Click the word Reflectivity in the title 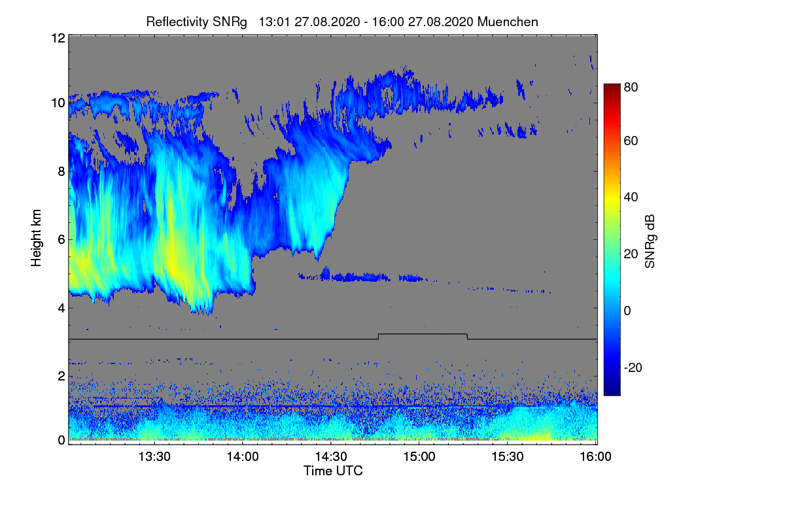[x=179, y=22]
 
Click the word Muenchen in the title [x=508, y=22]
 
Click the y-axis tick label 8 [x=60, y=171]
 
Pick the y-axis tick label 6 [x=60, y=239]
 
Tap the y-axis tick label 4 [x=60, y=307]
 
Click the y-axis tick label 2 [x=60, y=376]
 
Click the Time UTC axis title [x=332, y=471]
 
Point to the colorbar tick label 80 [x=631, y=86]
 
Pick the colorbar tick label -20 [x=633, y=367]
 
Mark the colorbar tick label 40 [x=631, y=197]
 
